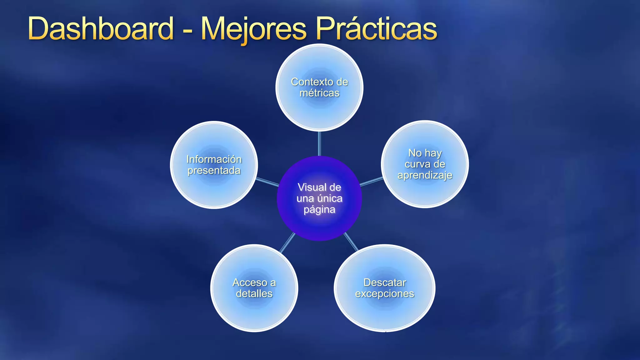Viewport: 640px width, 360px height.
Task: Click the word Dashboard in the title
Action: coord(101,29)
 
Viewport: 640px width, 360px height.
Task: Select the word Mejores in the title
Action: coord(253,29)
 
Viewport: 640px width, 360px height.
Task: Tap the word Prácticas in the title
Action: coord(376,29)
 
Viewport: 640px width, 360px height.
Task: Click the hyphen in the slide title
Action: coord(187,31)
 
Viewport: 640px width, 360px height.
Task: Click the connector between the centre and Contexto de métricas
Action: coord(319,143)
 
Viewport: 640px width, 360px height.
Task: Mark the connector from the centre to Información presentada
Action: coord(267,182)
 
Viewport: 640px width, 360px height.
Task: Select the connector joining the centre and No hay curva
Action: coord(371,181)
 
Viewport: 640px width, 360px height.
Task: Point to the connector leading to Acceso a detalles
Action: coord(287,242)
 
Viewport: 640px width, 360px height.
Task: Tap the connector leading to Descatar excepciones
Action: coord(351,242)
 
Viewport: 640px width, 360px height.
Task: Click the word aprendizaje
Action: coord(425,175)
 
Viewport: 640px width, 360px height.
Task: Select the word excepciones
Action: coord(385,294)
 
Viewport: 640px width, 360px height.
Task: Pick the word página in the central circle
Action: coord(319,209)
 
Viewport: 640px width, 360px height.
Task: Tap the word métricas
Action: coord(319,93)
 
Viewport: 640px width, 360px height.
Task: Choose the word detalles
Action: coord(254,293)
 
